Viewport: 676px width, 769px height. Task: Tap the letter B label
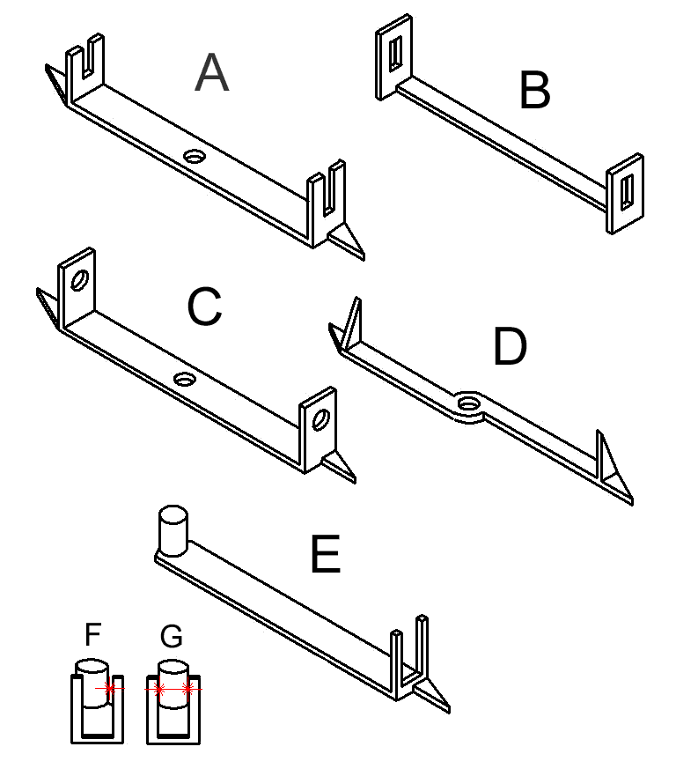click(x=535, y=90)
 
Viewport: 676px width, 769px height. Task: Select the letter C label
click(x=204, y=307)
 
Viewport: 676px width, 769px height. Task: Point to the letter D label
click(x=510, y=347)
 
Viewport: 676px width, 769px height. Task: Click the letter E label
click(x=326, y=554)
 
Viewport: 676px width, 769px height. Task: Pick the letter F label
click(x=93, y=634)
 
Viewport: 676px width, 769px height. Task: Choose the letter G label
click(x=172, y=636)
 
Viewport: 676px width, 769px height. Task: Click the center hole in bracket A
click(x=195, y=157)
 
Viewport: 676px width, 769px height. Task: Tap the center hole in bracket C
click(x=185, y=379)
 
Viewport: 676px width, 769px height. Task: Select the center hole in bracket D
click(x=468, y=403)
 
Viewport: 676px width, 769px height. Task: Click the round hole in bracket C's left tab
click(x=79, y=280)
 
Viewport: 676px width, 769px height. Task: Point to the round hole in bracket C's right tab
click(x=321, y=420)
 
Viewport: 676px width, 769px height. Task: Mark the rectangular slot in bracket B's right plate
click(x=627, y=192)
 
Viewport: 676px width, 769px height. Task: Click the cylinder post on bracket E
click(x=173, y=531)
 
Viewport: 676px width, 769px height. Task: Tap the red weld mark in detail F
click(x=110, y=689)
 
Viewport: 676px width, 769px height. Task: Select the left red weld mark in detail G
click(x=158, y=689)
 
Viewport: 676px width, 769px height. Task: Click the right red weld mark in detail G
click(x=187, y=689)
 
